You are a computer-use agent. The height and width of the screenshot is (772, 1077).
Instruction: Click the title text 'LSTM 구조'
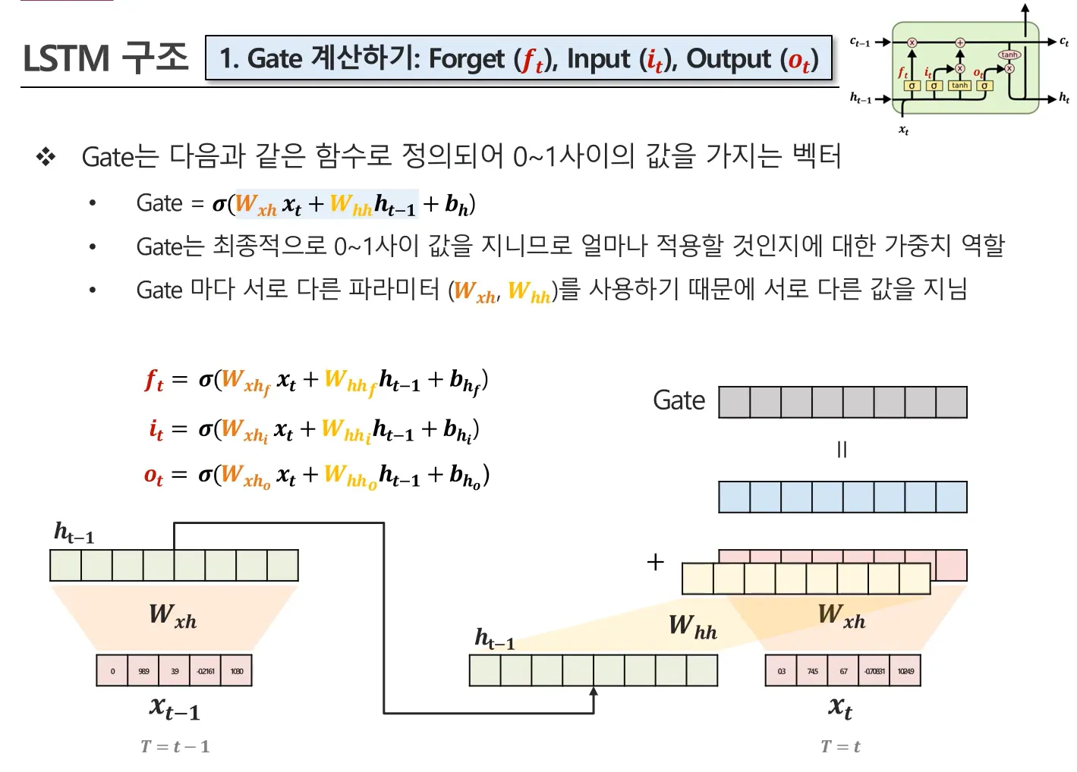(x=105, y=58)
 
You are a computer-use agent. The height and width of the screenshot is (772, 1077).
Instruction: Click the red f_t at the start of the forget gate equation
(x=154, y=379)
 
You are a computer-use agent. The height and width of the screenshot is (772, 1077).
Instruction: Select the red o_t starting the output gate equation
(x=153, y=475)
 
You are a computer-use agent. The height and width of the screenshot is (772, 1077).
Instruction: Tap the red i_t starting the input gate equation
(x=156, y=428)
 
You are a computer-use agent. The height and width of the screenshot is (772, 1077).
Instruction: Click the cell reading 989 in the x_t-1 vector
(x=143, y=671)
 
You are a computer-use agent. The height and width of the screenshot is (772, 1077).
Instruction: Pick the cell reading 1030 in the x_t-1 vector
(x=236, y=671)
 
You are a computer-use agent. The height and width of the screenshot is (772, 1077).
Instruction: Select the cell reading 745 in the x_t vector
(x=812, y=671)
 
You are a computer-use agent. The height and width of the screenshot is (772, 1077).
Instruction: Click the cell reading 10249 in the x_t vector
(x=905, y=671)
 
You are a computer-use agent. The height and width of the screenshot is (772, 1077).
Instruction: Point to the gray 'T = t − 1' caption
(x=175, y=747)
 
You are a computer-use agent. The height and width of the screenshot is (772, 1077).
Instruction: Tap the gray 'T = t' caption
(x=840, y=747)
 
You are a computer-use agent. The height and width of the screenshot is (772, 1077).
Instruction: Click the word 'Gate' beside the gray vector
(x=679, y=400)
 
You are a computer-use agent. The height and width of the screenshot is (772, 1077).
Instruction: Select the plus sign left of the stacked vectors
(x=655, y=562)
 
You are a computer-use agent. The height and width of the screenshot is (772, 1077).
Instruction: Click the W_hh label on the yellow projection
(x=692, y=626)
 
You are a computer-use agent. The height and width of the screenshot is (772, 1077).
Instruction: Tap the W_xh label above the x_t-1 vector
(x=172, y=615)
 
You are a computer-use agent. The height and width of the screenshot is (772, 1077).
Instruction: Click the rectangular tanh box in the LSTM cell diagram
(x=959, y=86)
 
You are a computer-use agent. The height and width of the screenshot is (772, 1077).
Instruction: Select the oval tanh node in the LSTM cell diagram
(x=1009, y=55)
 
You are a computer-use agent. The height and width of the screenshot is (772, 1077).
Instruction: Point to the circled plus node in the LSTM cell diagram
(x=959, y=42)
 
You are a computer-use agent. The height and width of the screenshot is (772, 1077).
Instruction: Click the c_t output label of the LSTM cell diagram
(x=1064, y=42)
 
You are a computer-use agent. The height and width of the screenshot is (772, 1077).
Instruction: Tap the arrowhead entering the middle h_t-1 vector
(x=594, y=691)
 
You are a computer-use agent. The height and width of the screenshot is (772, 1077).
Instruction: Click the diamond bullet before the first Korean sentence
(x=46, y=157)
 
